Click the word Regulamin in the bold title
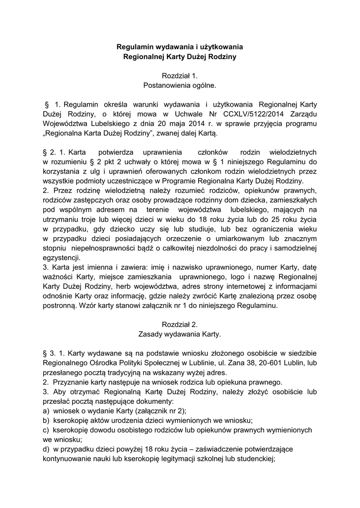pyautogui.click(x=134, y=47)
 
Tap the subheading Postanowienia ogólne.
pyautogui.click(x=180, y=85)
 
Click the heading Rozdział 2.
pyautogui.click(x=180, y=325)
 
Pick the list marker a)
pyautogui.click(x=46, y=411)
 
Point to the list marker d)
pyautogui.click(x=46, y=449)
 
